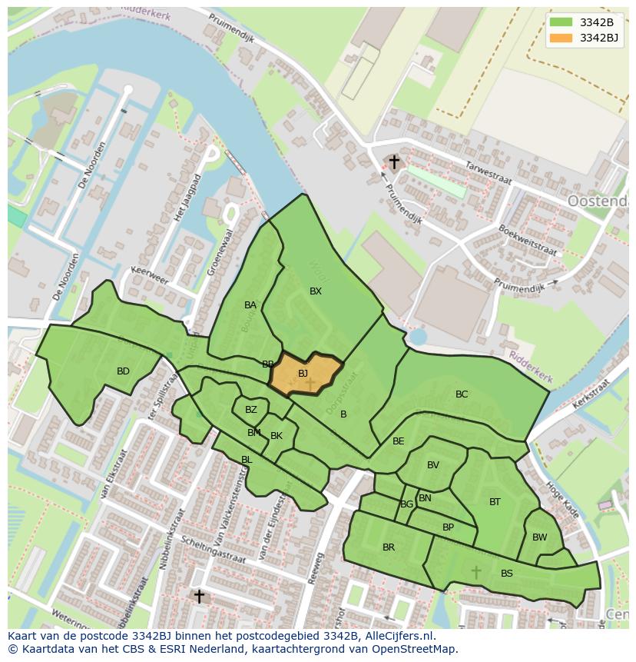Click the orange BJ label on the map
303,374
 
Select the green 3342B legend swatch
561,22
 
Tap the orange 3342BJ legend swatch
561,38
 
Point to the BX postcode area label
316,291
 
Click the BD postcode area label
123,371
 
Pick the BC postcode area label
462,394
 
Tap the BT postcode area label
495,502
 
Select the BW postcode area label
540,537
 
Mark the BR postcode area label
389,547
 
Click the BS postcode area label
507,574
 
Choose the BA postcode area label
250,305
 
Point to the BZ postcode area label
251,410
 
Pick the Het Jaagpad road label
187,198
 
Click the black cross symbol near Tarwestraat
394,162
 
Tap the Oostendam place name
598,201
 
